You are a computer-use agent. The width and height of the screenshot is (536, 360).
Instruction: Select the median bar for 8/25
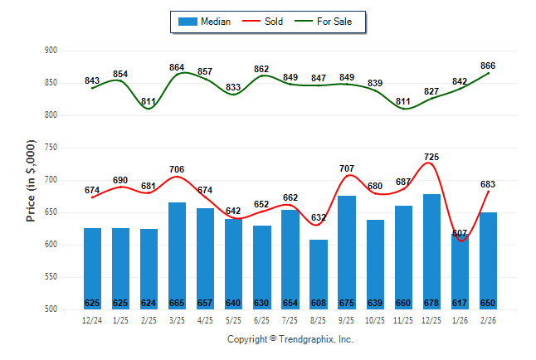click(x=319, y=275)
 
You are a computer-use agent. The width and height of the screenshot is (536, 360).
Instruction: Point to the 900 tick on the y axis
click(x=50, y=51)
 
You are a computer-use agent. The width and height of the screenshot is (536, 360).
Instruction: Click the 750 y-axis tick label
click(x=50, y=148)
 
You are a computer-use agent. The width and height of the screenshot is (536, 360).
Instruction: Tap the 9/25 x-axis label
click(x=347, y=319)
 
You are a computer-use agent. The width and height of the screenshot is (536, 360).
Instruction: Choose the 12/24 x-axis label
click(x=92, y=319)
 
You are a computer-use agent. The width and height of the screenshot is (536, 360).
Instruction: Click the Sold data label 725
click(x=431, y=157)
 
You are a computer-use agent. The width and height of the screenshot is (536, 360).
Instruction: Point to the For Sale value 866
click(x=488, y=66)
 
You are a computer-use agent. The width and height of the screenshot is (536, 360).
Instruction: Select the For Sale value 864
click(x=178, y=67)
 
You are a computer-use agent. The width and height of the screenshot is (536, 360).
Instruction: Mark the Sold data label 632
click(x=319, y=217)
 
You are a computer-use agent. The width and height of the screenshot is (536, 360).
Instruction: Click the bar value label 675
click(x=347, y=303)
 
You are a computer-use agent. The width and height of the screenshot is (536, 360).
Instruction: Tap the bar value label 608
click(x=319, y=303)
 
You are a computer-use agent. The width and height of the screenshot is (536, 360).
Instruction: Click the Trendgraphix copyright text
click(x=290, y=339)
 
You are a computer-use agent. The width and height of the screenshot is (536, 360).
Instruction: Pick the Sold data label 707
click(x=347, y=168)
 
